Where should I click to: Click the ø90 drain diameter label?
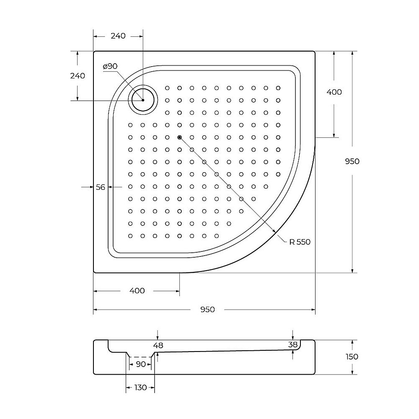point(110,66)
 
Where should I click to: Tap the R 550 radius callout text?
point(300,242)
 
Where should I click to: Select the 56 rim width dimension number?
point(101,187)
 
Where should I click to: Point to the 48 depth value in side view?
point(158,345)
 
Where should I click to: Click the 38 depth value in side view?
point(293,344)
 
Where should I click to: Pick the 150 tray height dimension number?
point(352,357)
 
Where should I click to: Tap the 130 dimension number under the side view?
point(140,388)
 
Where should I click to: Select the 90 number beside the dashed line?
point(141,364)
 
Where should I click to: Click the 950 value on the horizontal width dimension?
point(207,310)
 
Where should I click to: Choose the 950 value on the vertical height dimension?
point(352,161)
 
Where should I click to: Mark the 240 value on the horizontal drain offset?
point(118,36)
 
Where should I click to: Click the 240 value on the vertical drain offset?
point(78,76)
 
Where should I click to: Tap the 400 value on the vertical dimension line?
point(334,92)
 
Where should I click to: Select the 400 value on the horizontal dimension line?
point(137,291)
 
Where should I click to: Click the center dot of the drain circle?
point(143,101)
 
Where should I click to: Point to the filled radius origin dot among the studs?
point(179,137)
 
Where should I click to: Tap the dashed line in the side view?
point(140,357)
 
